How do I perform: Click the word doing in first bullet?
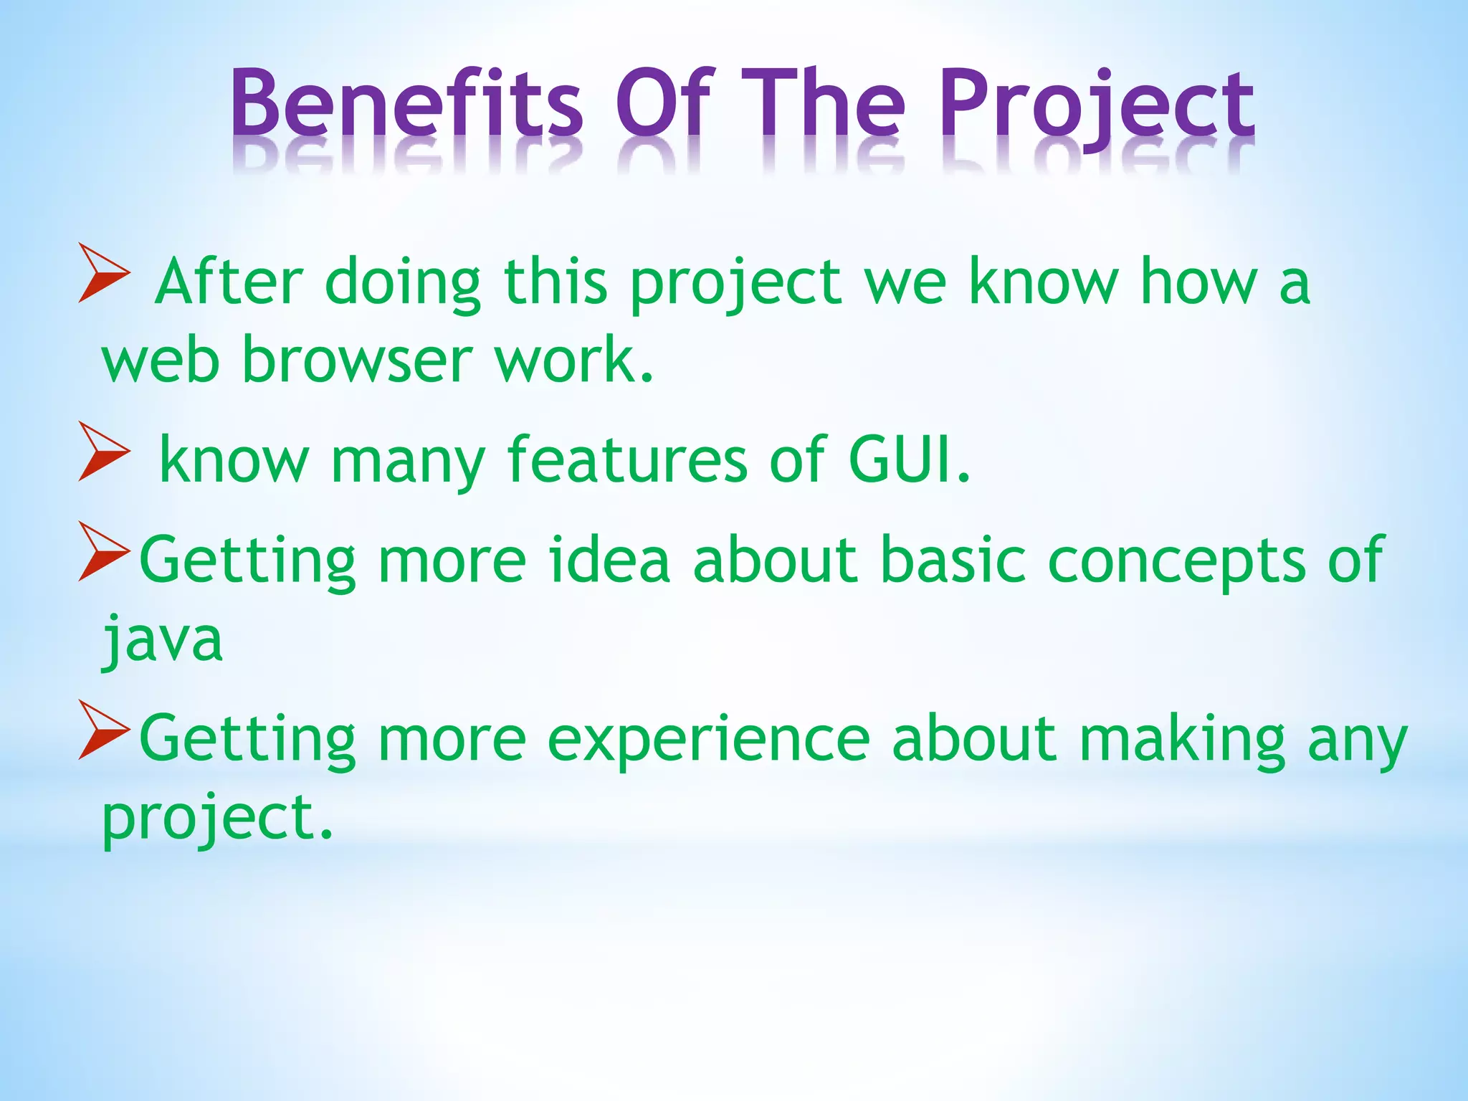point(403,283)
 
